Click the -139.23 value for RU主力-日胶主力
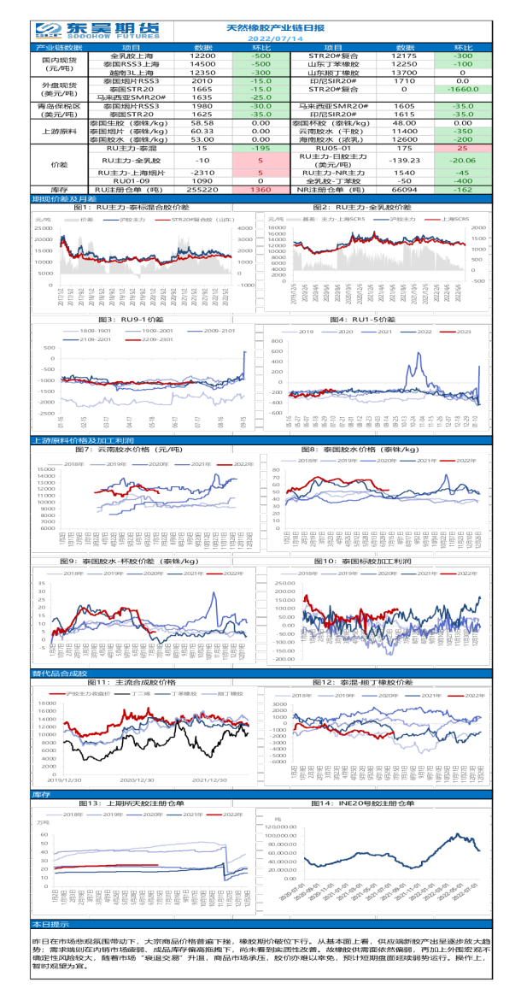point(404,161)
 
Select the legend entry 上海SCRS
point(454,220)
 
